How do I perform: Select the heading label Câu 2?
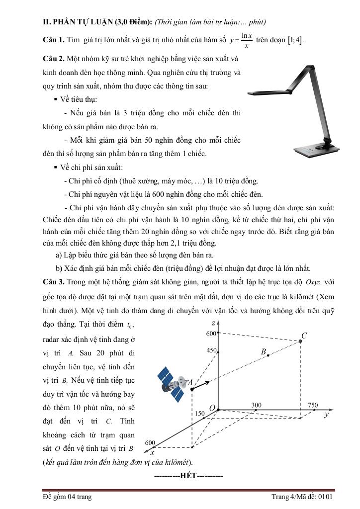53,59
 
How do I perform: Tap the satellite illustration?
172,383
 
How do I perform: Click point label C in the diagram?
304,336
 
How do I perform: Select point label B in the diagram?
264,351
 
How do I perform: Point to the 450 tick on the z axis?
211,350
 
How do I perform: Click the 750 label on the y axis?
313,405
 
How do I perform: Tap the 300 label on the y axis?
256,405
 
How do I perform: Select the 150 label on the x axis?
199,414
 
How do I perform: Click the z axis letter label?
213,324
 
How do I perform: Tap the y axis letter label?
326,414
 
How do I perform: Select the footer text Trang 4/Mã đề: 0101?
302,497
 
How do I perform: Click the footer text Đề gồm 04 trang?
67,497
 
